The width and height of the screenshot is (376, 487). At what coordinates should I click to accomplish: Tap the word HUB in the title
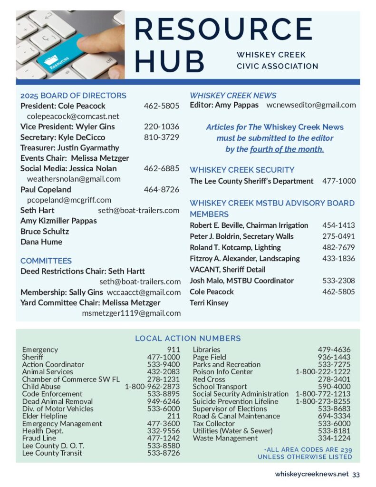[169, 61]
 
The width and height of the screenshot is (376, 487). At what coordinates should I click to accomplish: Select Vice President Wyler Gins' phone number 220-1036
[162, 127]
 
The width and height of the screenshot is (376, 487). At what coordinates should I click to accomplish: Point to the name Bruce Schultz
[45, 231]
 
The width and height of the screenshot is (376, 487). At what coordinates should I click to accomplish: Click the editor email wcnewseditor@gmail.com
[311, 105]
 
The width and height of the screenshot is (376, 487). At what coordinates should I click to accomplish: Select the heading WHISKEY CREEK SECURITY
[242, 170]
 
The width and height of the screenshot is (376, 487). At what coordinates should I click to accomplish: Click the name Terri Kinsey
[209, 302]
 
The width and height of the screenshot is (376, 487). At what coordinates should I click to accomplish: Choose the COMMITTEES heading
[46, 261]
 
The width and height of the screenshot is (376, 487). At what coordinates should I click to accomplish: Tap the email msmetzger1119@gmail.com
[131, 313]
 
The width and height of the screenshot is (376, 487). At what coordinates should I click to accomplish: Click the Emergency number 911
[174, 350]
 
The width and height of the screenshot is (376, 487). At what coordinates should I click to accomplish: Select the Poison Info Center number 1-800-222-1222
[323, 371]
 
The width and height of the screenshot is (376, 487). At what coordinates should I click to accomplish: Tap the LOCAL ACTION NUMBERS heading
[188, 339]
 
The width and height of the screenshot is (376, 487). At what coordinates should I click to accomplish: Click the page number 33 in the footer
[356, 474]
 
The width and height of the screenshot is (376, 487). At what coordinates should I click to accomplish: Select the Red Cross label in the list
[209, 379]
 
